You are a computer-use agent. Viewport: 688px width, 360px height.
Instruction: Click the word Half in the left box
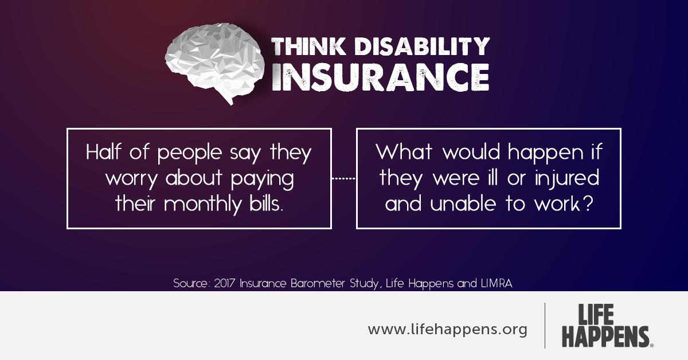point(105,153)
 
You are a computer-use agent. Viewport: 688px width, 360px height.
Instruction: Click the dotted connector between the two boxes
point(344,178)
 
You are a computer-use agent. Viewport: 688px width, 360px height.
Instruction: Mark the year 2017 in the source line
point(225,283)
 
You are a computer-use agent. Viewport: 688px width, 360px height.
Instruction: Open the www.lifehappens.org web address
point(447,330)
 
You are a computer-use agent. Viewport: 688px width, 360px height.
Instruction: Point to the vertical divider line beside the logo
point(545,326)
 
